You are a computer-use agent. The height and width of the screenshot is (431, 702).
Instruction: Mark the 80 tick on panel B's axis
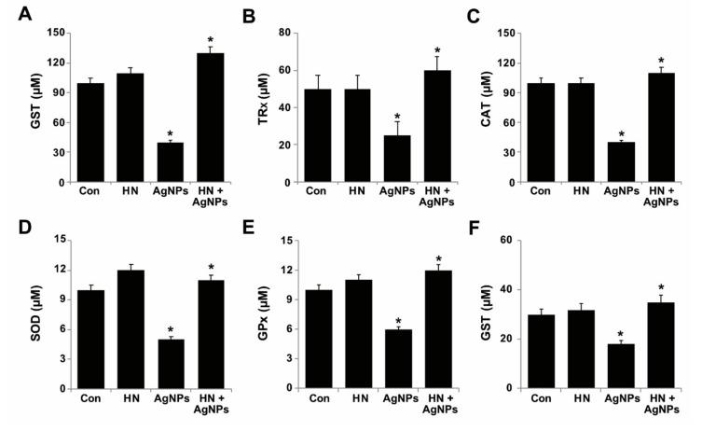[295, 34]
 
